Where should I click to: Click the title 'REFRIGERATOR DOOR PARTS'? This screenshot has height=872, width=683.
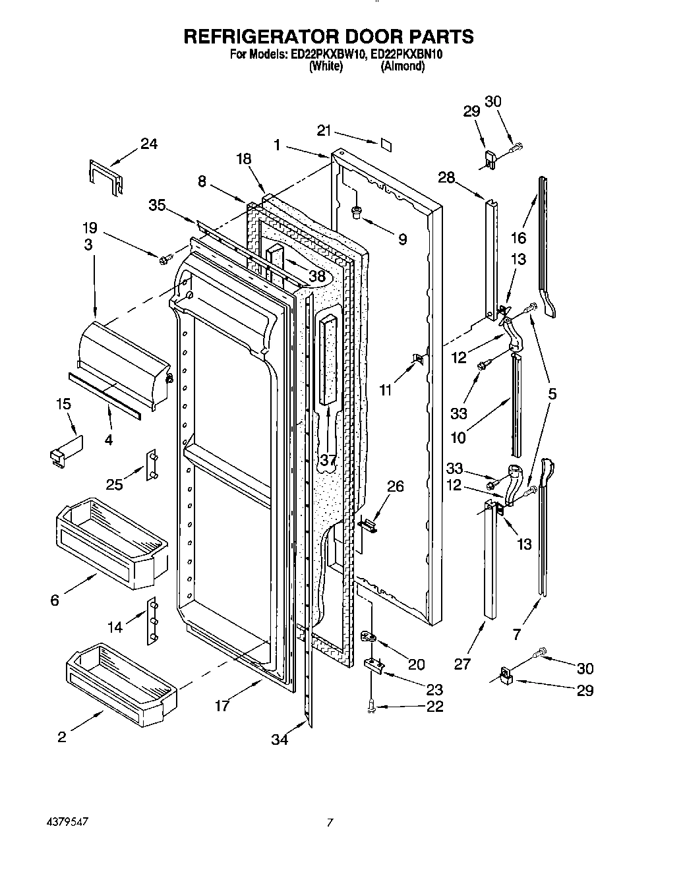(328, 36)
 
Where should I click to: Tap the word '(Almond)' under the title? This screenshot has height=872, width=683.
(402, 67)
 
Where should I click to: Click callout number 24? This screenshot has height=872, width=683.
(149, 144)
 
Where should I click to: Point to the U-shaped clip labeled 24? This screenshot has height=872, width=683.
(104, 177)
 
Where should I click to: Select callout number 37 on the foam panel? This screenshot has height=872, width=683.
(328, 459)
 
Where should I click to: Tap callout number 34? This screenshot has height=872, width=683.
(280, 740)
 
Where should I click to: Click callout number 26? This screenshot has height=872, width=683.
(395, 486)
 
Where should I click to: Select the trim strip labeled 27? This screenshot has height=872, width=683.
(489, 560)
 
